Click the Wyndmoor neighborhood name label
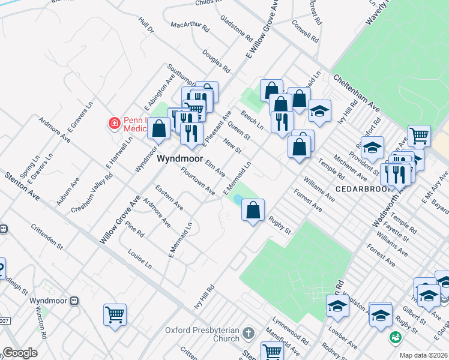tap(178, 161)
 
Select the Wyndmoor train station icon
tap(75, 301)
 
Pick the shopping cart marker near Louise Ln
tap(115, 314)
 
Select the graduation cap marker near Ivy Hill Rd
tap(320, 110)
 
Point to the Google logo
tap(20, 352)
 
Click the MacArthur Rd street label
tap(190, 26)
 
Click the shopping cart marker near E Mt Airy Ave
tap(418, 136)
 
